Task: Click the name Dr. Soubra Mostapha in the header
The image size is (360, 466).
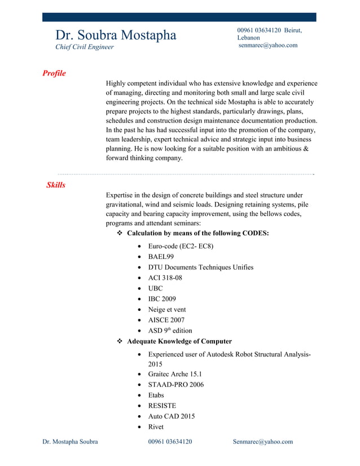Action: tap(115, 35)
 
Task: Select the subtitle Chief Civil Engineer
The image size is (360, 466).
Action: tap(84, 47)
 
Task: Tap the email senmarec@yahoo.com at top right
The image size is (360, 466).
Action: tap(268, 45)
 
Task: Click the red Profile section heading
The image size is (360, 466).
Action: tap(54, 73)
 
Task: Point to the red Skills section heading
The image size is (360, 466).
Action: tap(56, 185)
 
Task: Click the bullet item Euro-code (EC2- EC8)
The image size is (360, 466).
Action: tap(181, 246)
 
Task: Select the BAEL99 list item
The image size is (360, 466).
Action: tap(161, 257)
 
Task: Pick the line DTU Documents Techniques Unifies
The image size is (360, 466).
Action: tap(200, 267)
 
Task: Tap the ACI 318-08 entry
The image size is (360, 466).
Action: tap(165, 278)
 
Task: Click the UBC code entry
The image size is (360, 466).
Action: tap(155, 288)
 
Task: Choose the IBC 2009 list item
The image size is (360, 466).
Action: tap(162, 299)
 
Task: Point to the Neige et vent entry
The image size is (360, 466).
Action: tap(166, 309)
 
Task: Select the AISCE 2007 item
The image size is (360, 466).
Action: tap(166, 320)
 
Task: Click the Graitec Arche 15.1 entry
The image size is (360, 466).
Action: tap(175, 373)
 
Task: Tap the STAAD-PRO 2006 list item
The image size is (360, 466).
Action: tap(175, 384)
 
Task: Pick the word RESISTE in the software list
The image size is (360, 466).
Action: tap(162, 406)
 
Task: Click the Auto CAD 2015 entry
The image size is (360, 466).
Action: tap(171, 416)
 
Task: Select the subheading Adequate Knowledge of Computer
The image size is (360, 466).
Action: tap(179, 341)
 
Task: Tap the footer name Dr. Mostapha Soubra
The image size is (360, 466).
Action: tap(70, 442)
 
